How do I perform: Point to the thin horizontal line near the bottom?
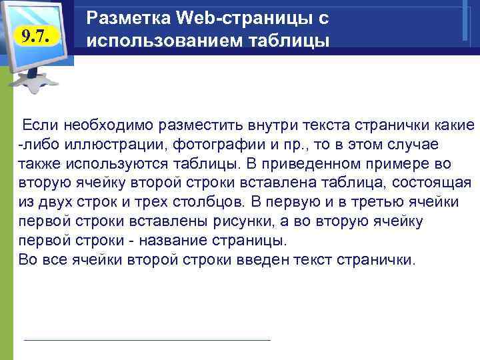pyautogui.click(x=147, y=340)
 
